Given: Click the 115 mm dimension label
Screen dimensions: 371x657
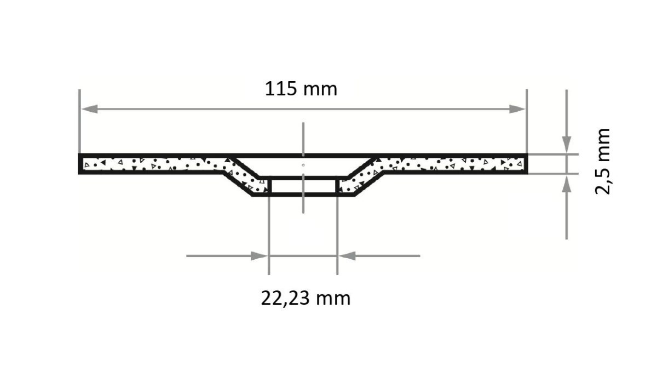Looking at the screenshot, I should click(x=301, y=88).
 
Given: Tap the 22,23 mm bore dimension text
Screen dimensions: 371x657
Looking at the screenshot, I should click(x=305, y=298).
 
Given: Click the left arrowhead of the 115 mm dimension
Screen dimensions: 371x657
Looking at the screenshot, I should click(x=89, y=109).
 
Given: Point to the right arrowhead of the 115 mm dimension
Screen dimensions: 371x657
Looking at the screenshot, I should click(x=517, y=109).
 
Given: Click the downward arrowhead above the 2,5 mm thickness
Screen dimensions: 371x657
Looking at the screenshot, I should click(x=567, y=144).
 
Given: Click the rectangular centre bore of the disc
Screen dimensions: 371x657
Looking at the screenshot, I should click(x=303, y=186).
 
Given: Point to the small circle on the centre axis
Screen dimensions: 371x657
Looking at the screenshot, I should click(x=303, y=164).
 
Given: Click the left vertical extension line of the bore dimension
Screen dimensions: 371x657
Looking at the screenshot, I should click(x=269, y=236).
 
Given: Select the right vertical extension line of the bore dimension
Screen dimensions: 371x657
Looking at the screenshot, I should click(x=337, y=236).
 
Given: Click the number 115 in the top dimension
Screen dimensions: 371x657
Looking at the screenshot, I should click(x=283, y=88).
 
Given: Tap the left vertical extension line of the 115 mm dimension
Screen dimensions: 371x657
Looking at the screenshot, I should click(x=80, y=121).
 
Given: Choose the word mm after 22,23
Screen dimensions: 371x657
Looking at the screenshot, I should click(x=333, y=299).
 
